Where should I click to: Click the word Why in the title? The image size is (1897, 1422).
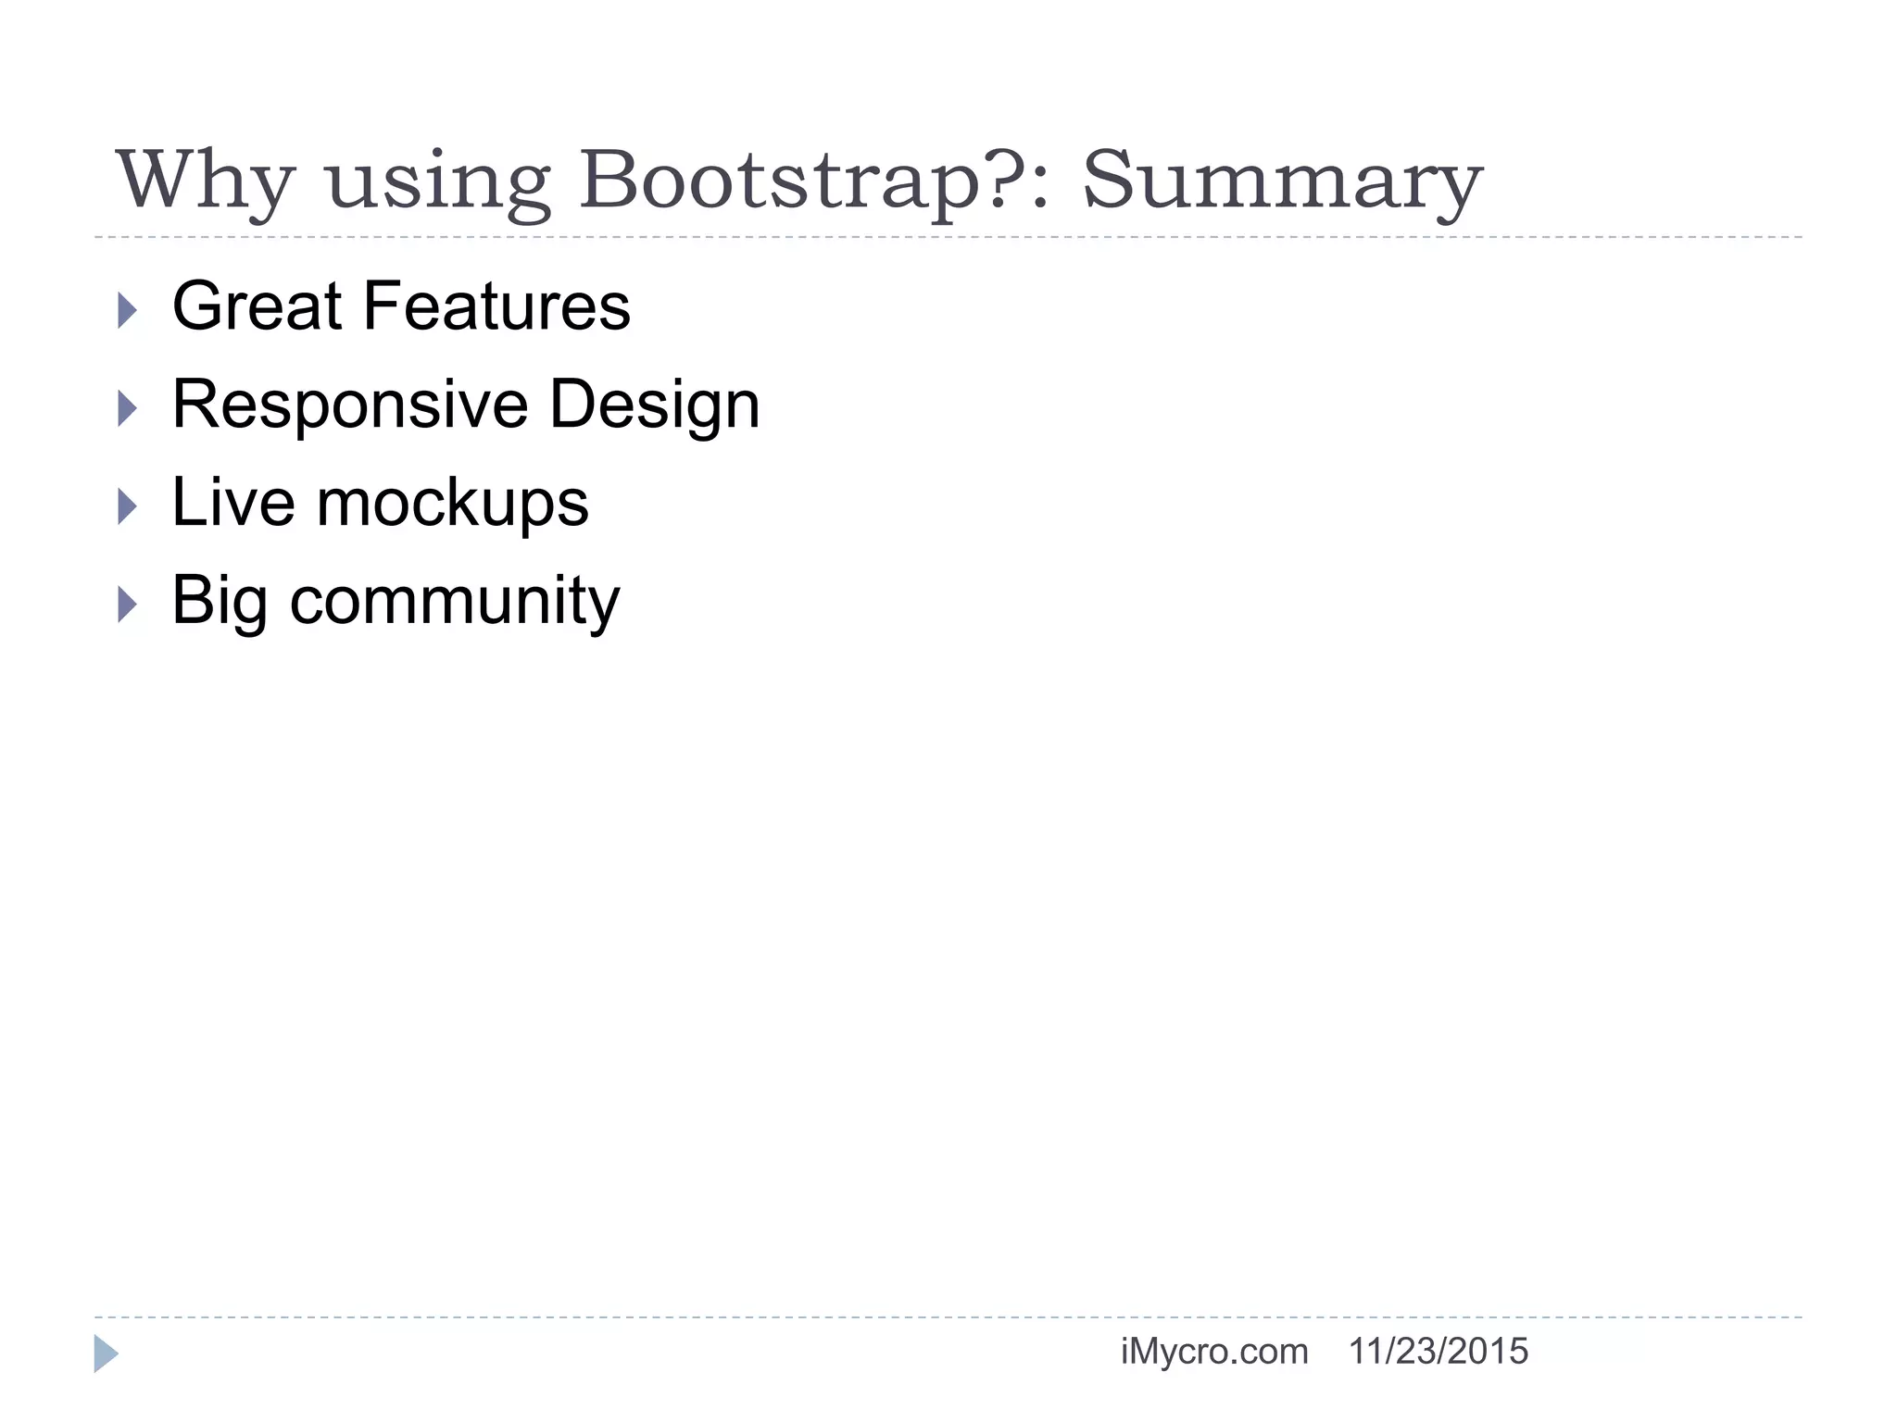click(x=206, y=181)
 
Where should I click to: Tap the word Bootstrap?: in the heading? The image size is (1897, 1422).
click(x=815, y=181)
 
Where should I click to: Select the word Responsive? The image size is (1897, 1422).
click(x=350, y=405)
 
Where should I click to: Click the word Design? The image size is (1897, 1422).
click(x=655, y=405)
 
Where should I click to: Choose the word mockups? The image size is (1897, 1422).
click(x=453, y=505)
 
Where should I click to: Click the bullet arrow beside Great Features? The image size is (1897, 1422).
click(x=128, y=310)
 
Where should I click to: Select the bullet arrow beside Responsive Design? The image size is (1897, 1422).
click(x=128, y=408)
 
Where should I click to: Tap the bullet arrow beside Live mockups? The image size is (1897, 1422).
click(x=128, y=506)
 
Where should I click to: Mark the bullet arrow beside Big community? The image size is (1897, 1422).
click(x=128, y=605)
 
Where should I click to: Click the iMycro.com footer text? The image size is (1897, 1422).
click(x=1214, y=1352)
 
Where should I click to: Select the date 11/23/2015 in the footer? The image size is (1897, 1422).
click(x=1438, y=1352)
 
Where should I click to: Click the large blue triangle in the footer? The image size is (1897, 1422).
click(x=106, y=1353)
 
